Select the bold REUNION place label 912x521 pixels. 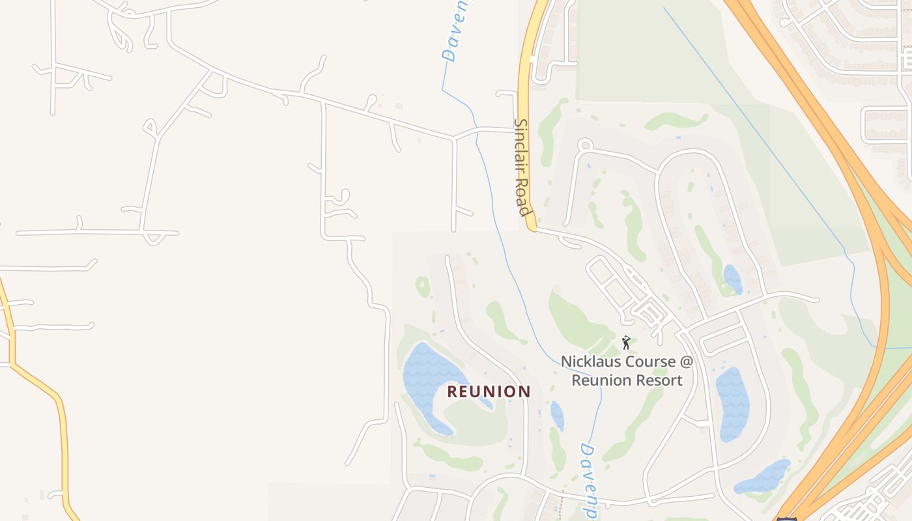(489, 391)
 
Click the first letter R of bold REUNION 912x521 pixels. (452, 391)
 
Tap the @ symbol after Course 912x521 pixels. (686, 361)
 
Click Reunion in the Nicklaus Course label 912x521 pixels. (603, 380)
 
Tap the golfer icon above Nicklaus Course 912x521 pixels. (626, 342)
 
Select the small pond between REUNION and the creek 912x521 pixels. (557, 415)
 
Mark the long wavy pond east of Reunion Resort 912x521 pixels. (734, 404)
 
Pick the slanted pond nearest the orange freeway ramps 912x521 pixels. (762, 477)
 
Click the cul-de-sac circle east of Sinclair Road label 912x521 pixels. (584, 145)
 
